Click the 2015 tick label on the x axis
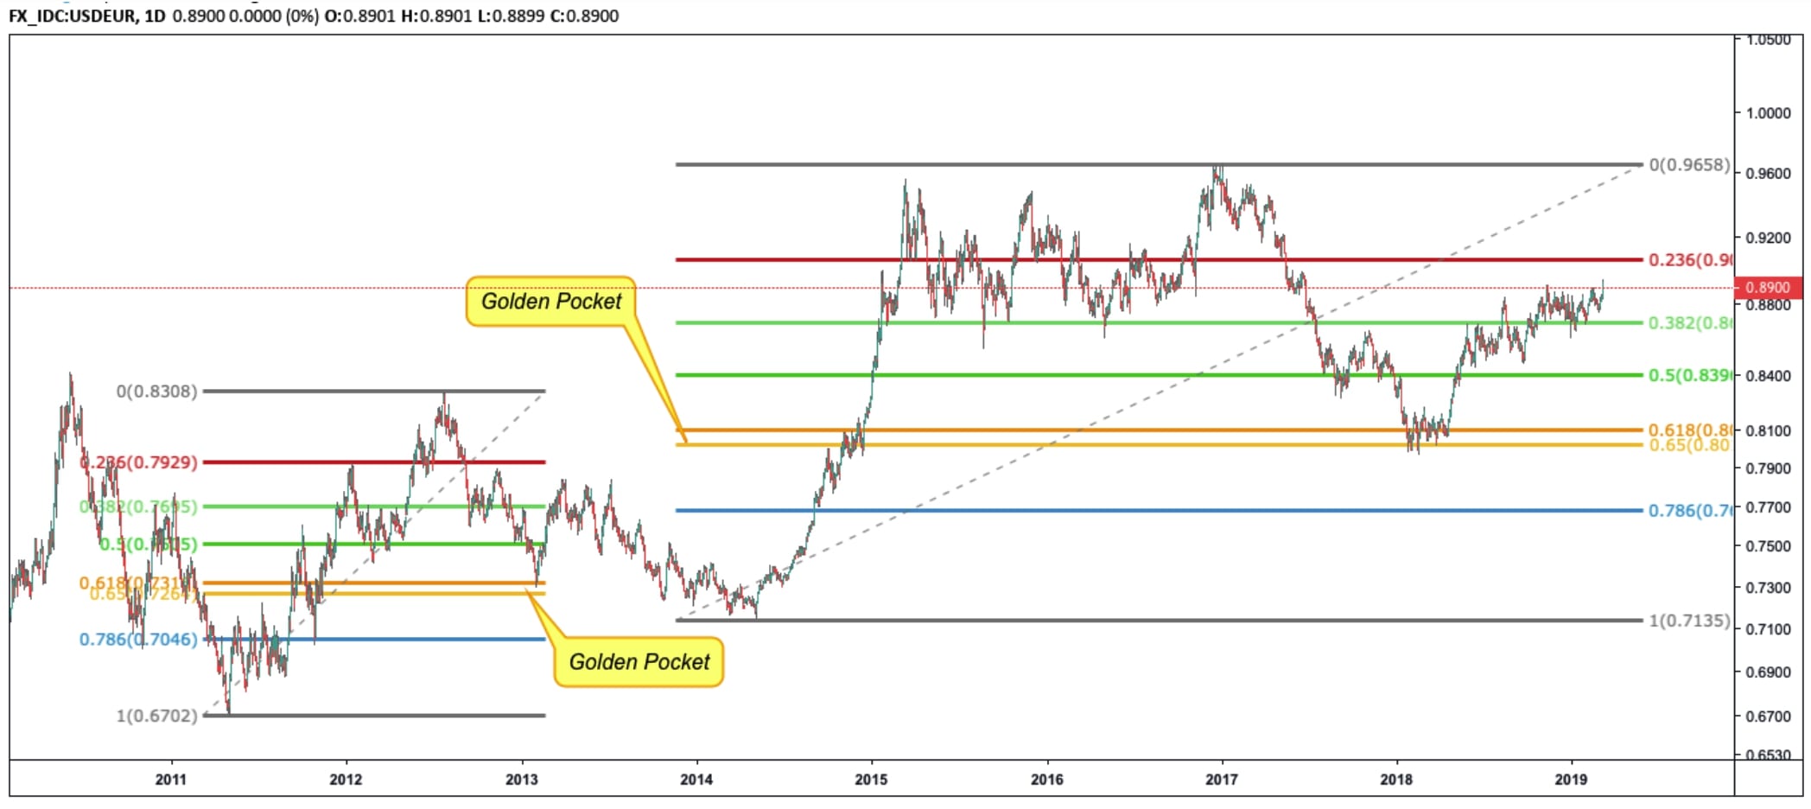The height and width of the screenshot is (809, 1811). [871, 780]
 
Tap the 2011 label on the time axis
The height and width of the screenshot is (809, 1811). [171, 780]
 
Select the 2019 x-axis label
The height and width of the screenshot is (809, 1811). [1571, 780]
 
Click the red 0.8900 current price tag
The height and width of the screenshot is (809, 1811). [1768, 287]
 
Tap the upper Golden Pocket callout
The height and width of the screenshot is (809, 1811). [551, 301]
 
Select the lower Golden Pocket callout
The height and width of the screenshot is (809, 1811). [639, 662]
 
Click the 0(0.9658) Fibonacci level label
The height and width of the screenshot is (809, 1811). [1689, 164]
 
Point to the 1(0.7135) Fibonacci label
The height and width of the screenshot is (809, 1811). [1689, 621]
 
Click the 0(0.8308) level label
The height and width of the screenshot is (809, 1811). [156, 392]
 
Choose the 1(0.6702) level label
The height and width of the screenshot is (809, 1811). [156, 716]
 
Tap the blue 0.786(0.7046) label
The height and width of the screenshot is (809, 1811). [138, 640]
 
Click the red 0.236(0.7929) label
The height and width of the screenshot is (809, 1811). [138, 462]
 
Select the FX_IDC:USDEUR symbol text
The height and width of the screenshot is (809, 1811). [72, 16]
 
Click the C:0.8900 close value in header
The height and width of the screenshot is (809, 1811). [580, 16]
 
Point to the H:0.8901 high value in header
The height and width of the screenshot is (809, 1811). [436, 16]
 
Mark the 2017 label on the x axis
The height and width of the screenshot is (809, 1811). [1221, 780]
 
